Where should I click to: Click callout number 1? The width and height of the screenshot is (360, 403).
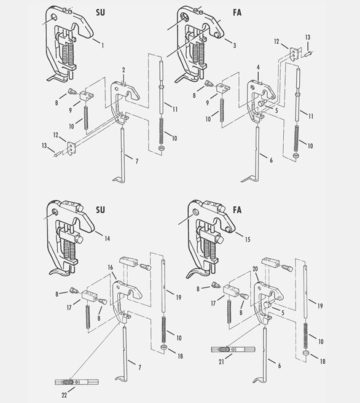coord(102,45)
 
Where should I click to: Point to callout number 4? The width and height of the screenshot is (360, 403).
coord(259,67)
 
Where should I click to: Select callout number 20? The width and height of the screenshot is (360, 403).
coord(254,268)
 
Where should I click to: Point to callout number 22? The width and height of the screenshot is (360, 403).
coord(64,394)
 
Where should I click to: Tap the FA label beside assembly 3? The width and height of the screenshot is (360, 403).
coord(237,13)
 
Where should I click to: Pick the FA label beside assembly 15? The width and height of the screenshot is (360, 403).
coord(237,209)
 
